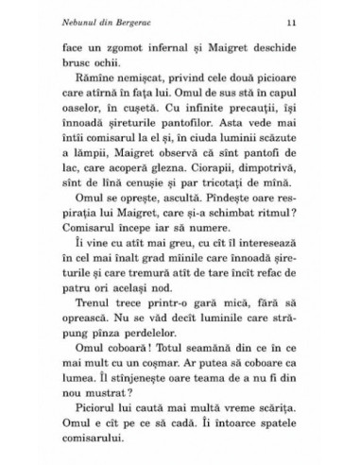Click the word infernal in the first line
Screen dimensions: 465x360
click(x=180, y=46)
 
